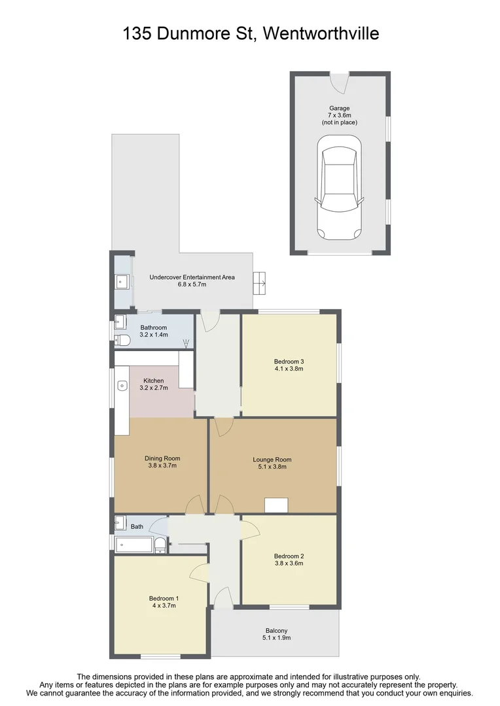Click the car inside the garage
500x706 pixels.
coord(338,188)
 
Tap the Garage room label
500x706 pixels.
coord(339,109)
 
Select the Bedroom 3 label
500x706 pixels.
coord(289,361)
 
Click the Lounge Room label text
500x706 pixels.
coord(272,460)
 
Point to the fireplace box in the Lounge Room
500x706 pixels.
coord(276,505)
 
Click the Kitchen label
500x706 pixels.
coord(154,380)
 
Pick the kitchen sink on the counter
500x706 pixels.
coord(122,386)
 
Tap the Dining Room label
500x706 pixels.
coord(162,458)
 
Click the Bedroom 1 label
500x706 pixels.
coord(164,598)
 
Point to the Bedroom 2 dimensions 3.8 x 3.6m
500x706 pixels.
coord(289,563)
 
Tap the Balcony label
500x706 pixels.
coord(276,631)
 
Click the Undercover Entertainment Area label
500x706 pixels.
coord(192,277)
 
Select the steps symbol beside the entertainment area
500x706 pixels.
coord(260,283)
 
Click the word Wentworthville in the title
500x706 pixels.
coord(320,33)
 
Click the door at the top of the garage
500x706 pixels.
coord(338,83)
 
